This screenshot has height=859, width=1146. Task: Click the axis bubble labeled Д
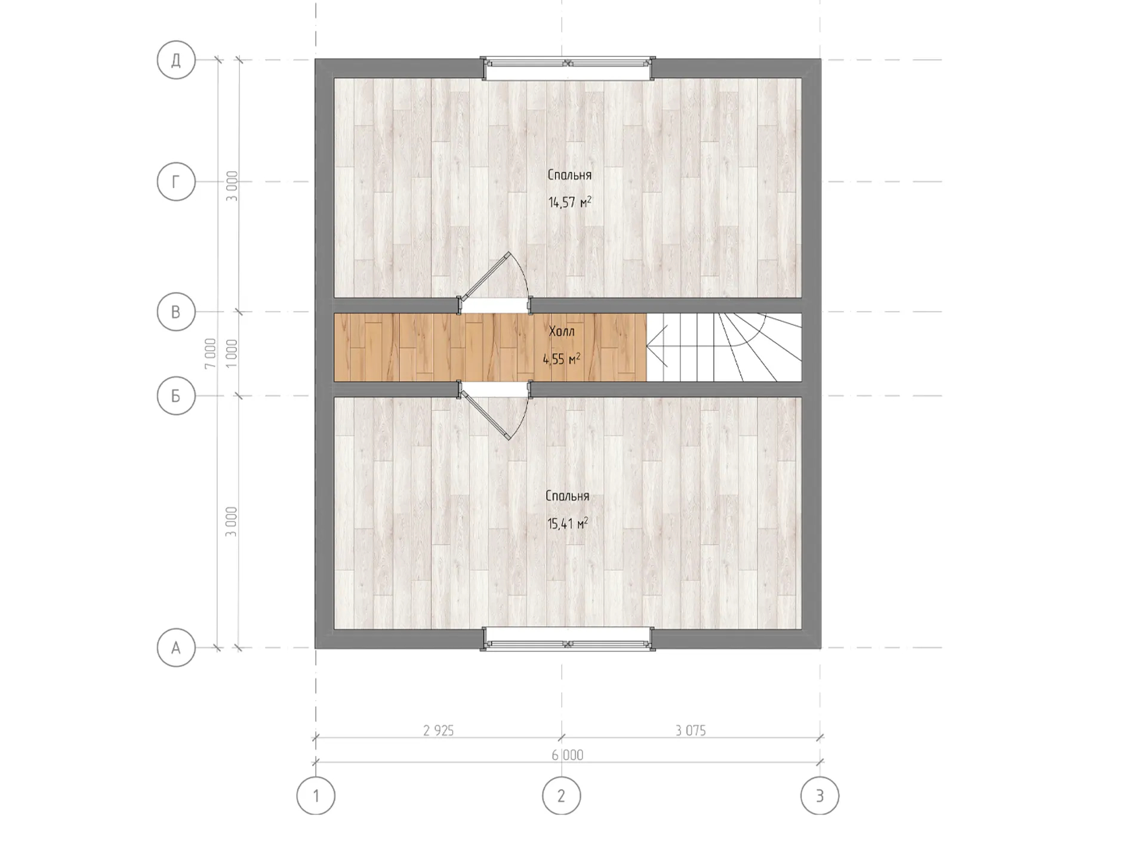point(176,60)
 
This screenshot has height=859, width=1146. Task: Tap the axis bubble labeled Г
point(176,182)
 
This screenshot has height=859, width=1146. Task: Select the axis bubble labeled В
point(176,311)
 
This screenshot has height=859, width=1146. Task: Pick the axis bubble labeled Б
point(176,395)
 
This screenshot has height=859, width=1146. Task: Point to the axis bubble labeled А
point(176,647)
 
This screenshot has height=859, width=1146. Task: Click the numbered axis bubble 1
point(316,796)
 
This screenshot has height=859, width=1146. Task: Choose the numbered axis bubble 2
point(561,796)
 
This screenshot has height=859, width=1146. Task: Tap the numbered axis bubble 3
point(820,796)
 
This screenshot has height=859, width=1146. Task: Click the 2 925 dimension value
point(439,730)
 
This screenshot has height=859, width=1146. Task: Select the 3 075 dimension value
point(691,730)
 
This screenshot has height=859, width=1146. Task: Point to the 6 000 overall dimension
point(568,755)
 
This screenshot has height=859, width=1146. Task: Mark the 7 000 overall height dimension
point(210,353)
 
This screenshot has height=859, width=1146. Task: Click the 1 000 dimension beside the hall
point(232,353)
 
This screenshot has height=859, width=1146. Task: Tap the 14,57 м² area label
point(570,202)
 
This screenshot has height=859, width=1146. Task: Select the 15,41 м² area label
point(568,524)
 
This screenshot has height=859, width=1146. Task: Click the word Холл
point(562,331)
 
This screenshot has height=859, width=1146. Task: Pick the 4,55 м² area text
point(562,359)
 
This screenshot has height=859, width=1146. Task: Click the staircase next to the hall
point(724,347)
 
